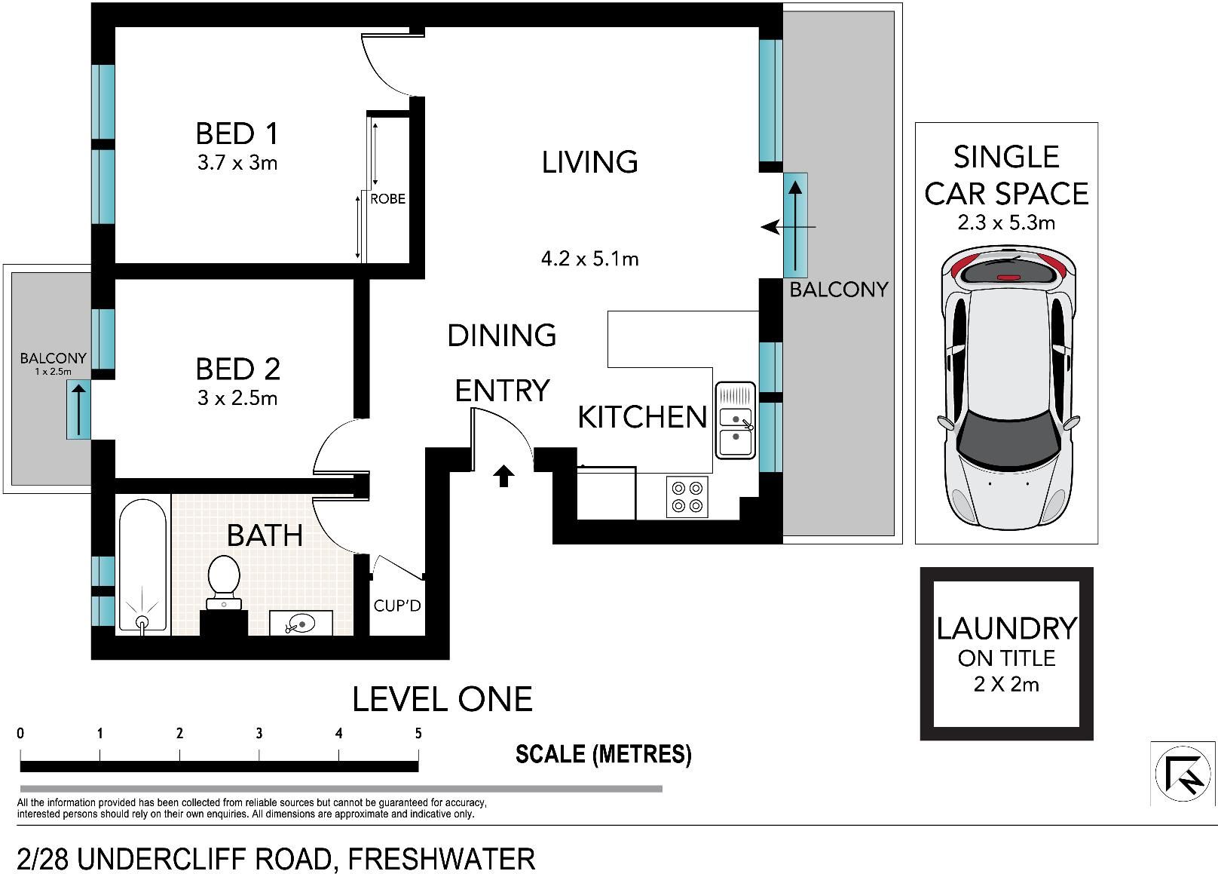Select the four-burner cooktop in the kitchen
tap(687, 497)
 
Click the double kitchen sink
tap(735, 421)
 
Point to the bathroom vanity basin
tap(301, 623)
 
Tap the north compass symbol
tap(1182, 774)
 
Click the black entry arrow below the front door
tap(503, 476)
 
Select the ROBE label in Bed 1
tap(387, 199)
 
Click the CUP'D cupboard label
tap(397, 606)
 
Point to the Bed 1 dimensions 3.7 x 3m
tap(237, 163)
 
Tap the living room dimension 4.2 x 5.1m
tap(590, 259)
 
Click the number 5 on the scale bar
tap(418, 733)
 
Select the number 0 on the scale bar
tap(20, 733)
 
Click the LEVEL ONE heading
tap(442, 699)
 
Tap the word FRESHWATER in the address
tap(442, 860)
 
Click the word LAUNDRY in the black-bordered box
tap(1006, 629)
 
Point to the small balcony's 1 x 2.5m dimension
tap(54, 372)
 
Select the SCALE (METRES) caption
tap(604, 754)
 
